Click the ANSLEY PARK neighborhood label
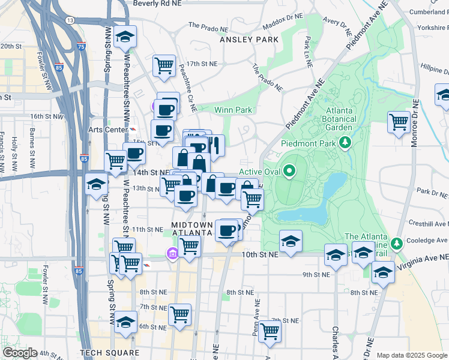coord(249,40)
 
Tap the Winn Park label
coord(234,110)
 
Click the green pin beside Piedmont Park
coord(345,142)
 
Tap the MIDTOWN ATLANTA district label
coord(192,229)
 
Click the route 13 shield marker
coord(70,20)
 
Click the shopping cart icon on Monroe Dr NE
coord(399,122)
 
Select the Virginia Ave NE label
coord(427,257)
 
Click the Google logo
coord(20,353)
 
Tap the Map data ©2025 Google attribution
coord(411,355)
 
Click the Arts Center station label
coord(106,128)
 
